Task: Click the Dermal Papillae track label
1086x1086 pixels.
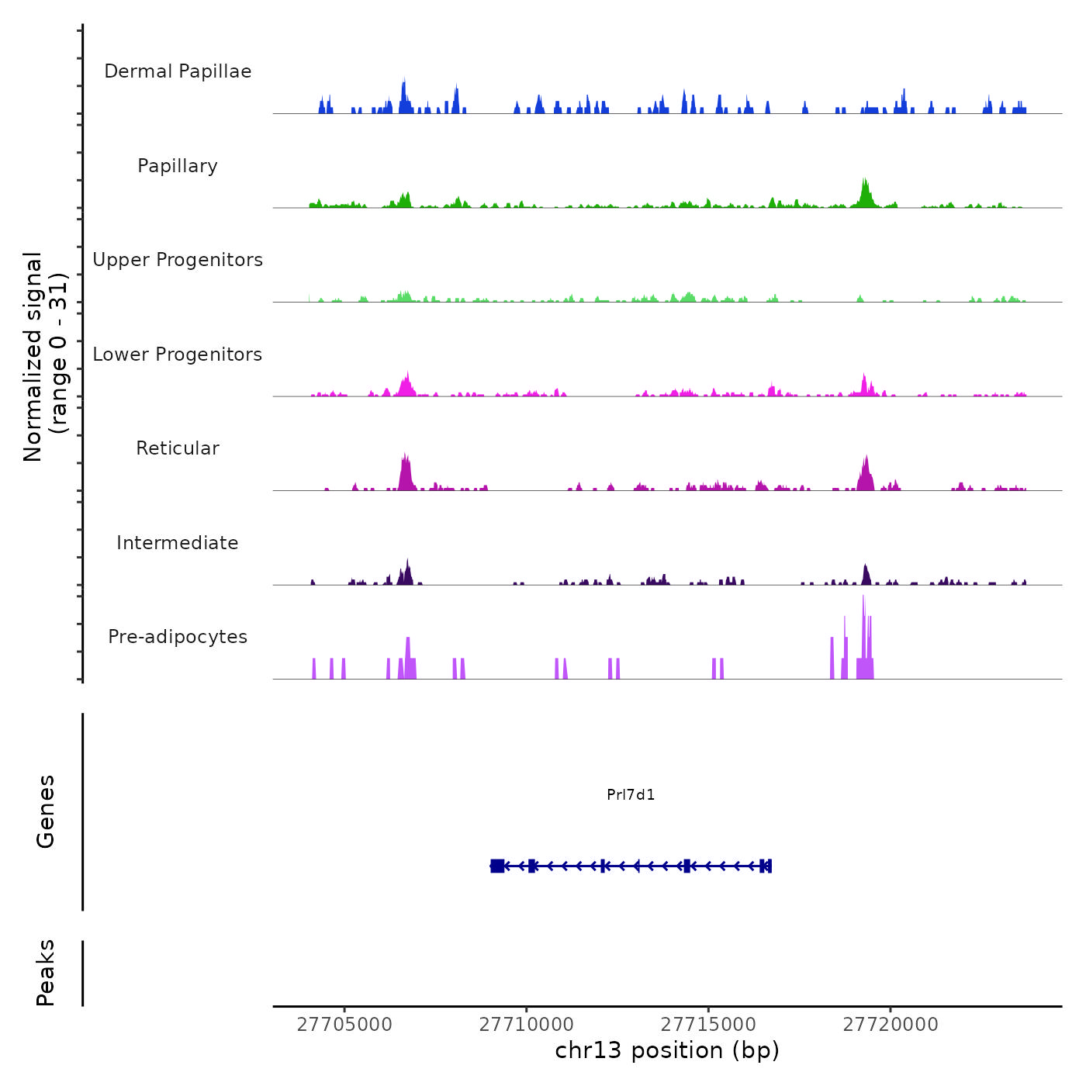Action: [x=178, y=71]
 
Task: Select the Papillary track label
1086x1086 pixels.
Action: [x=178, y=166]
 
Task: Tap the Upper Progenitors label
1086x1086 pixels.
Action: [x=178, y=260]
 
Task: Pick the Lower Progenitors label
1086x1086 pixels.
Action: [x=178, y=355]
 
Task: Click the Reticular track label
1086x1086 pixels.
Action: [x=178, y=448]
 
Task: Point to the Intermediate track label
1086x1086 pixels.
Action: [x=178, y=543]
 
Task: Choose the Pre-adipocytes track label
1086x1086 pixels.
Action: [x=178, y=637]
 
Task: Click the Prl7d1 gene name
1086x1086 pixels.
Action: [x=631, y=795]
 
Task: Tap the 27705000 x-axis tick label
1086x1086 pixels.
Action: [x=344, y=1025]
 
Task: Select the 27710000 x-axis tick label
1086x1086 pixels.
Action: [x=527, y=1025]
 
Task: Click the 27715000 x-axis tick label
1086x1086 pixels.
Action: [x=709, y=1025]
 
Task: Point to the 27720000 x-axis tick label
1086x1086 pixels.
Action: [x=891, y=1025]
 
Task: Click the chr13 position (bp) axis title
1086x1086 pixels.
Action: [x=667, y=1050]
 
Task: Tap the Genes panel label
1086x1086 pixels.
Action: [x=46, y=811]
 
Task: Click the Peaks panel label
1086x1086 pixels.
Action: [x=46, y=973]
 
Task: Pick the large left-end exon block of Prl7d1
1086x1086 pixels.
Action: [x=497, y=866]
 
